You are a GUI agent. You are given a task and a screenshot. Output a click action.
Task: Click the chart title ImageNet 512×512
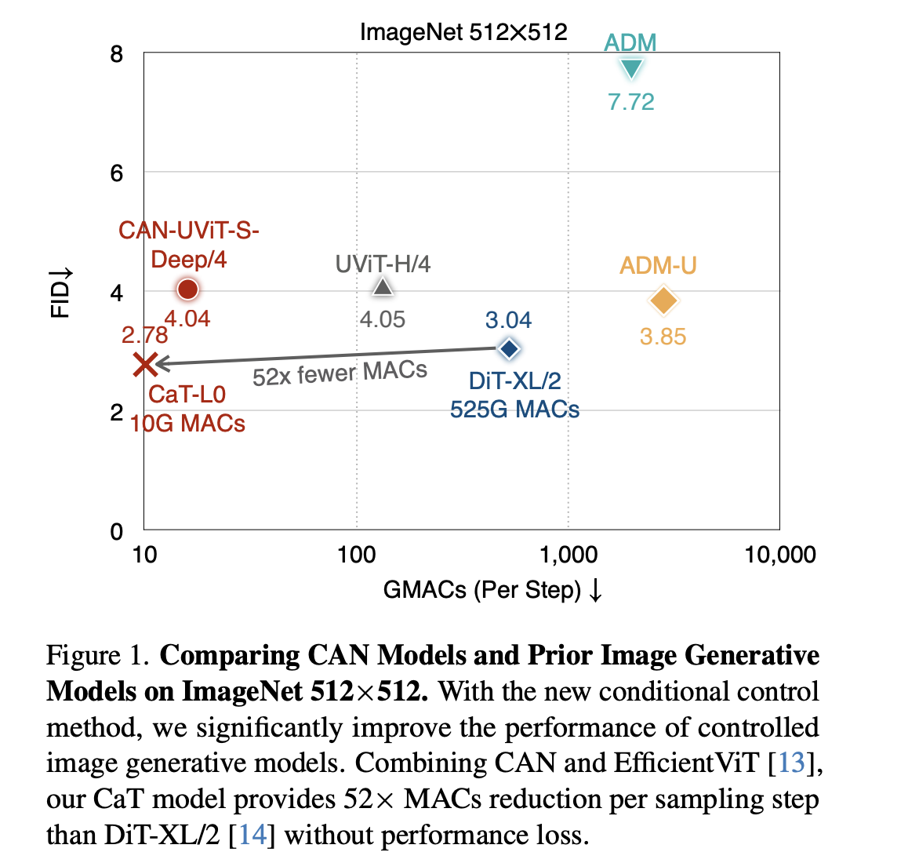tap(463, 32)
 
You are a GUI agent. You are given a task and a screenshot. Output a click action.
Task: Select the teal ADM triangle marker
tap(631, 69)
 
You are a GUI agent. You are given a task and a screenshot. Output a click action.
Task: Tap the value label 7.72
tap(631, 102)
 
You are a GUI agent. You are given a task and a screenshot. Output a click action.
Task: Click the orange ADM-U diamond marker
tap(663, 300)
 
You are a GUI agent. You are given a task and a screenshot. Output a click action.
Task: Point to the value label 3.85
tap(663, 337)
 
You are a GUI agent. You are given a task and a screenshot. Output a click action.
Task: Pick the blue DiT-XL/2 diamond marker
tap(510, 349)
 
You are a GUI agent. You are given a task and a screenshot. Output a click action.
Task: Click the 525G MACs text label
tap(514, 410)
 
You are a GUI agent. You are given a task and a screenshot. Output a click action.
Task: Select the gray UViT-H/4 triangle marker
tap(383, 287)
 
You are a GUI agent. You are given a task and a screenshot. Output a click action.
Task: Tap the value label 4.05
tap(383, 320)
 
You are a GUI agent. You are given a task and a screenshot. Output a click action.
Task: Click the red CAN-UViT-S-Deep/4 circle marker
tap(187, 289)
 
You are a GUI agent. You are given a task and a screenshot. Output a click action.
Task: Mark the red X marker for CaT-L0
tap(145, 364)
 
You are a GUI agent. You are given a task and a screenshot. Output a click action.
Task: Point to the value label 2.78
tap(145, 336)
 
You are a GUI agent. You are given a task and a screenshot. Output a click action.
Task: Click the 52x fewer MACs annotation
tap(340, 373)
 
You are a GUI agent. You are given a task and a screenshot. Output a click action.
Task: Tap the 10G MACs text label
tap(187, 424)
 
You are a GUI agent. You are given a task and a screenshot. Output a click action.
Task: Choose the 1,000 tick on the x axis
tap(568, 555)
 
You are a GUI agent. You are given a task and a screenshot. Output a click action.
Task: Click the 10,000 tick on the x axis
tap(779, 555)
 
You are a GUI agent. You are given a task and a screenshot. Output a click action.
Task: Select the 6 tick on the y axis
tap(117, 173)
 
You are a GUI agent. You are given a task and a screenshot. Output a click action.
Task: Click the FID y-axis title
tap(61, 293)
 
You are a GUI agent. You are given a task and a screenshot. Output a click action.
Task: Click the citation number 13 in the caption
tap(791, 763)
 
